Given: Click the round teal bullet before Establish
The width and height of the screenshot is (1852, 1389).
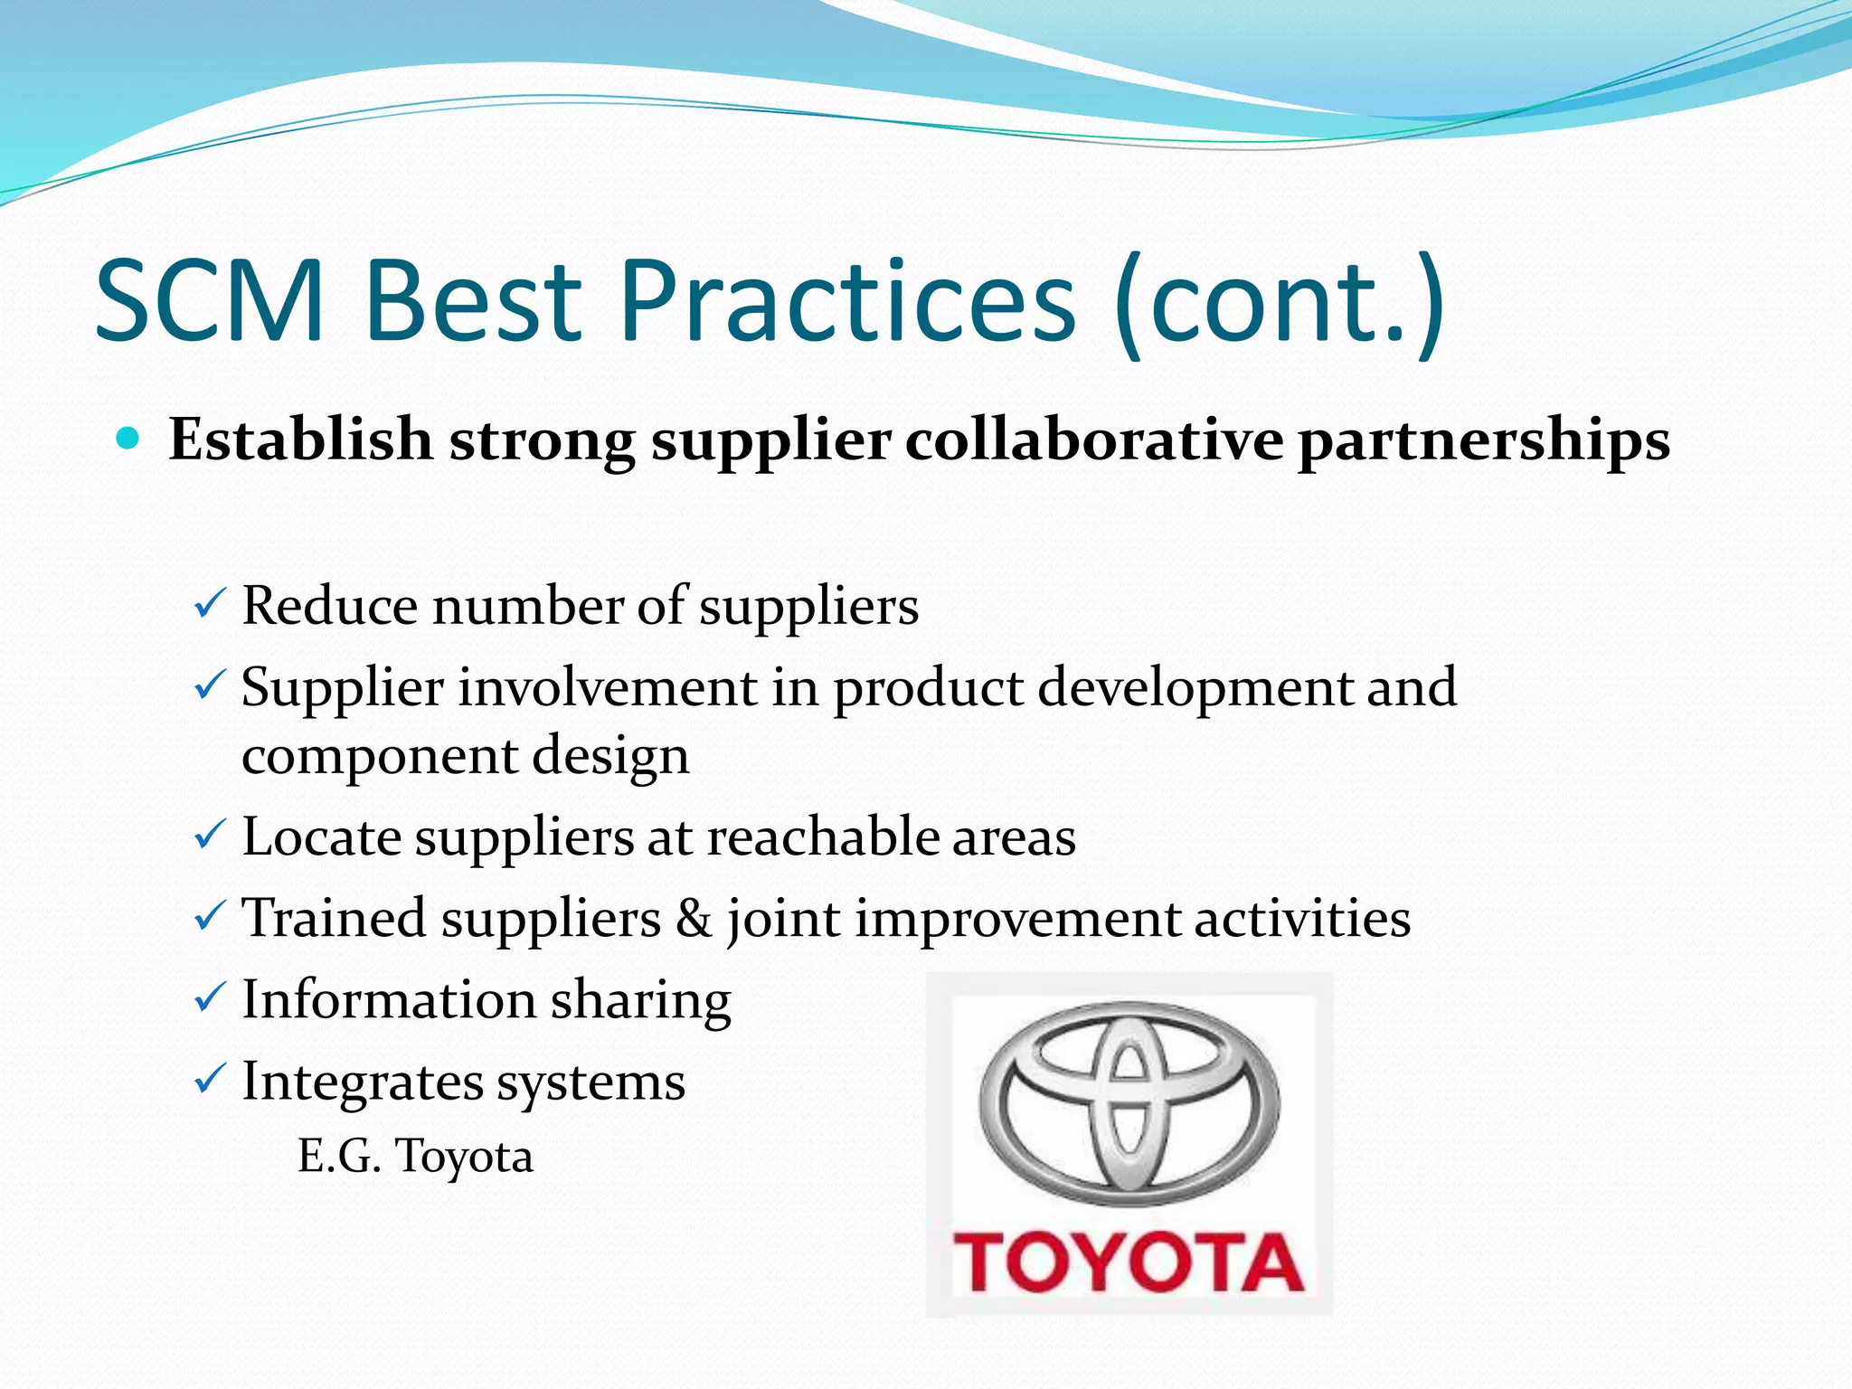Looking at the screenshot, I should point(129,439).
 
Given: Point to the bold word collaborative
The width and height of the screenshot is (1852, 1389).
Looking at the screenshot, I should point(1093,440).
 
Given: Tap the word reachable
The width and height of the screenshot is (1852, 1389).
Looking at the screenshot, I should point(822,836).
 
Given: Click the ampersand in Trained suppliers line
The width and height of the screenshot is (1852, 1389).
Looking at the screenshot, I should point(694,918).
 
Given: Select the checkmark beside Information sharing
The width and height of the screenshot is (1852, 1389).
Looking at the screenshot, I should point(210,997).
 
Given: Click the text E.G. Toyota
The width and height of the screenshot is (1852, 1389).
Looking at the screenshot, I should point(416,1157).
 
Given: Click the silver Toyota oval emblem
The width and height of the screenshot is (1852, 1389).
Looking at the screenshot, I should point(1129,1103).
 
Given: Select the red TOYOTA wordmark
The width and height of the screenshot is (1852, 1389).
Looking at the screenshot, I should point(1129,1262).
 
